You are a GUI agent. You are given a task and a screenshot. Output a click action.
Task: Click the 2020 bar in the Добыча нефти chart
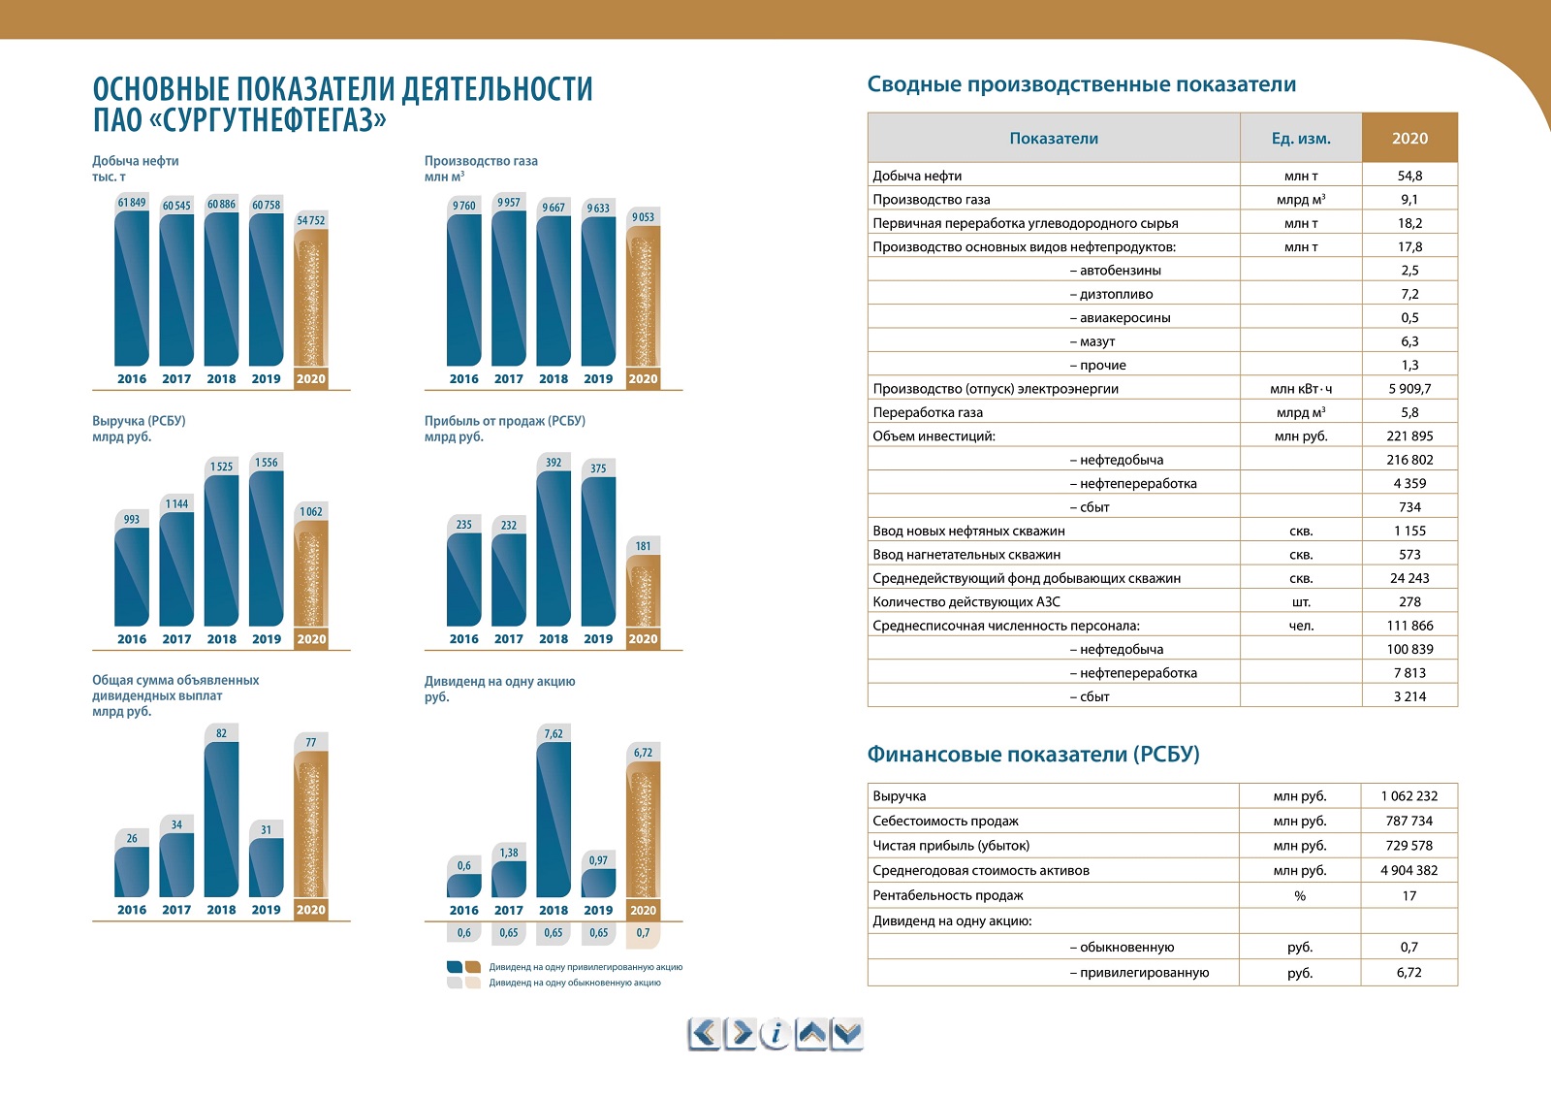311,298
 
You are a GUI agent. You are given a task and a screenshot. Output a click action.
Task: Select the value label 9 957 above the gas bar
508,203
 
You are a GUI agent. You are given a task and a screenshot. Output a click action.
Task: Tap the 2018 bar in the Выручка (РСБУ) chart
222,550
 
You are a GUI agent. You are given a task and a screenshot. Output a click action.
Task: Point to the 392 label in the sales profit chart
554,463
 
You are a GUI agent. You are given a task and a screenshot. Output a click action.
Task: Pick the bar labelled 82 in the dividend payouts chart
222,819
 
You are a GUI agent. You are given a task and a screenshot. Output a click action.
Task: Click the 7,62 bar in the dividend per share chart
554,820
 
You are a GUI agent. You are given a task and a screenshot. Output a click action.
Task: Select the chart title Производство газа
481,161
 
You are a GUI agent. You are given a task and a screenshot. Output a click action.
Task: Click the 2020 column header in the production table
1409,138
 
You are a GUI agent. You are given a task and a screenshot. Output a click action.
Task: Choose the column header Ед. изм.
1301,138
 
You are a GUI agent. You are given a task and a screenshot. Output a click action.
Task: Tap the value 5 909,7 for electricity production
1409,389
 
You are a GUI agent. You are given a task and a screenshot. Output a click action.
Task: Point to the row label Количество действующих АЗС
965,601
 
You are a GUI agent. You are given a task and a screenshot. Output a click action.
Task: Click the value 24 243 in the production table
1409,578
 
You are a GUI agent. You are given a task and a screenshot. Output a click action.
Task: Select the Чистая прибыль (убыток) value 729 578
1409,846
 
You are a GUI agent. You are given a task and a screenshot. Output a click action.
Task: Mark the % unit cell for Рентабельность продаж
1300,895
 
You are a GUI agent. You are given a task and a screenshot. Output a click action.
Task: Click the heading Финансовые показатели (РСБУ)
1033,754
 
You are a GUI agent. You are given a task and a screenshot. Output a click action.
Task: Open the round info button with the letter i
775,1034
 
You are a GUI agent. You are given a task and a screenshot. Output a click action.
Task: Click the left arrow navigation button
704,1034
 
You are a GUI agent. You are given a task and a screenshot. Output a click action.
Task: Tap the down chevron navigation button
847,1034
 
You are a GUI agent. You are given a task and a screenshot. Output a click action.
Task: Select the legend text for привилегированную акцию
586,967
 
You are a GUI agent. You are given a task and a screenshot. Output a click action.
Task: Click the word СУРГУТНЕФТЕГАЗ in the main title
268,120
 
